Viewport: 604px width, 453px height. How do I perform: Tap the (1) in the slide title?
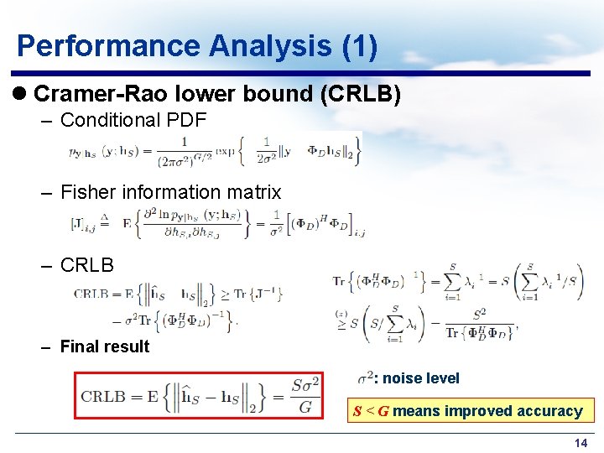pyautogui.click(x=360, y=45)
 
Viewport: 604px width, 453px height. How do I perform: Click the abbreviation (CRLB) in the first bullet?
pyautogui.click(x=364, y=93)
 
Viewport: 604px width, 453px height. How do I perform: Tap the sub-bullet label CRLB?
pyautogui.click(x=86, y=264)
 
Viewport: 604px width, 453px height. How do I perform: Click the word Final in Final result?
pyautogui.click(x=81, y=346)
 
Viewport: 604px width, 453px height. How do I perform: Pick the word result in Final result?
pyautogui.click(x=128, y=346)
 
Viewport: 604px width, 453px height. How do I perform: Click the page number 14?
pyautogui.click(x=580, y=443)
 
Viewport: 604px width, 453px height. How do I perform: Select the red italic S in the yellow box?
pyautogui.click(x=357, y=411)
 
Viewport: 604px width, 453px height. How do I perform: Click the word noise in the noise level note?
pyautogui.click(x=402, y=378)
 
